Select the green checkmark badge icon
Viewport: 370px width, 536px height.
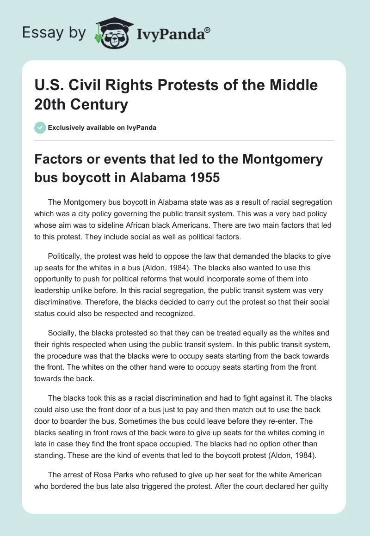tap(40, 128)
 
